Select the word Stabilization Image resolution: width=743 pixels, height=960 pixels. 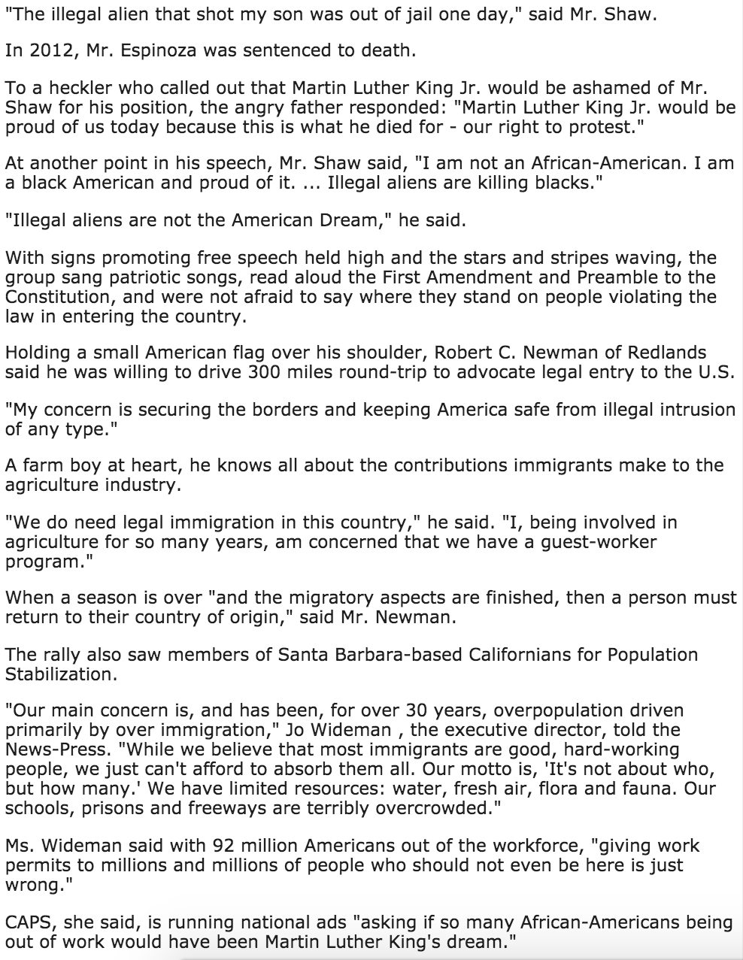pyautogui.click(x=61, y=673)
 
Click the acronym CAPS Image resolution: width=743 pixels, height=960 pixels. pyautogui.click(x=28, y=922)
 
